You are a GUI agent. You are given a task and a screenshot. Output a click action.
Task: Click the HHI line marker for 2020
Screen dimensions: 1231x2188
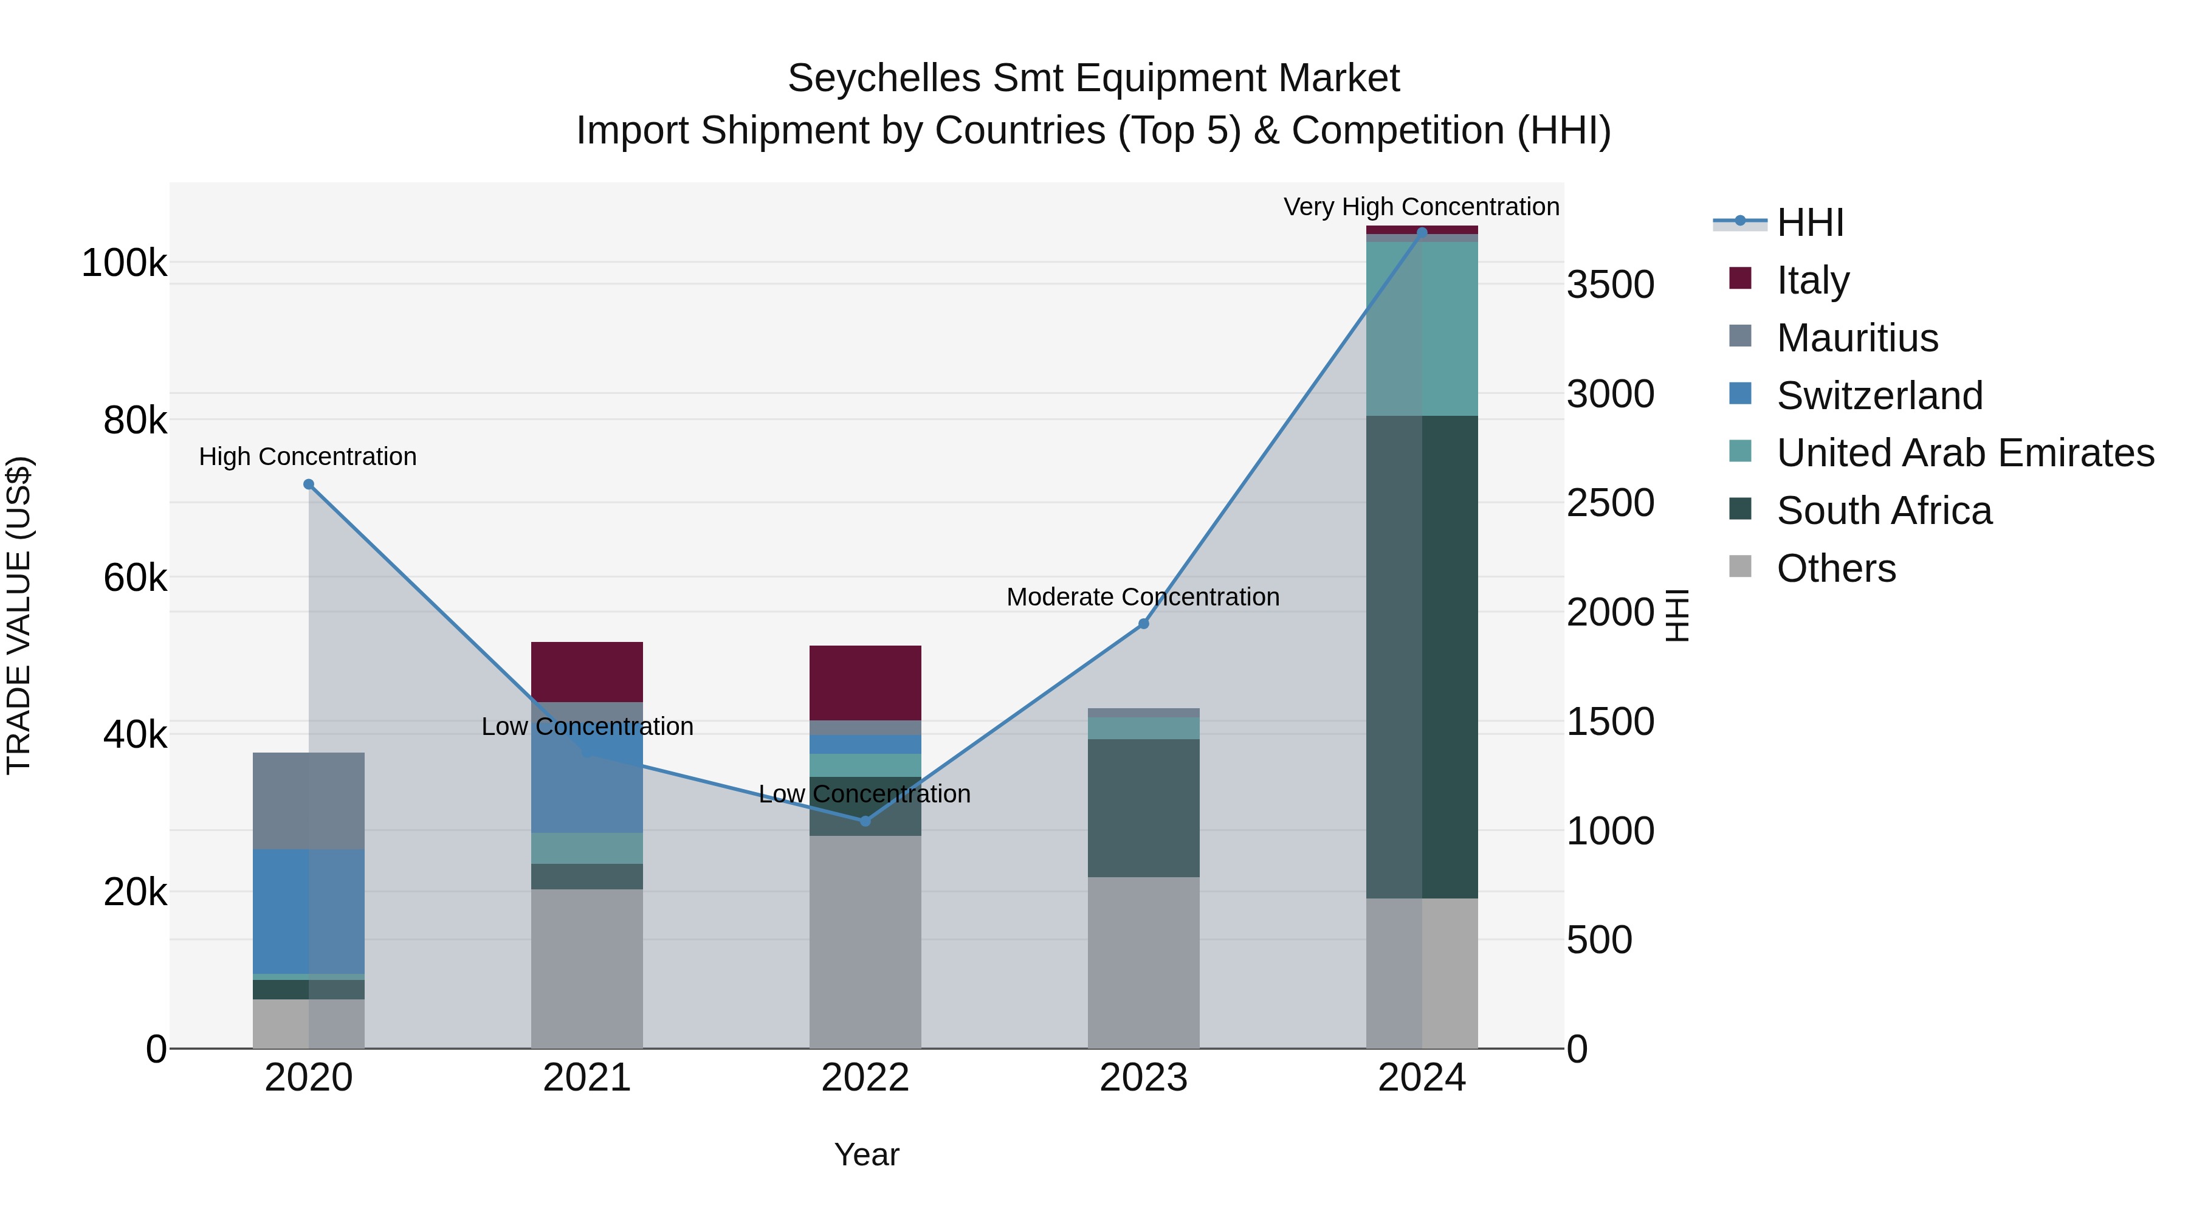[x=308, y=484]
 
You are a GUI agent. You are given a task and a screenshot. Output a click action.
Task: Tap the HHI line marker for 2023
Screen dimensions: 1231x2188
[x=1143, y=624]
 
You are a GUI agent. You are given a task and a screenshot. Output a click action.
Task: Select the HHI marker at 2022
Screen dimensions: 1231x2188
[x=865, y=821]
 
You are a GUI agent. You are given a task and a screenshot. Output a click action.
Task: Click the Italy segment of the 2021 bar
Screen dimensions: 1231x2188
[x=587, y=671]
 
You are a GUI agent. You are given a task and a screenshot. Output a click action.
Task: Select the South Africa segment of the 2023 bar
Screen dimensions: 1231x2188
[x=1143, y=807]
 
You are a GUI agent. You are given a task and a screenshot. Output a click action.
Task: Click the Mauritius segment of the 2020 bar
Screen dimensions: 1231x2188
[x=308, y=800]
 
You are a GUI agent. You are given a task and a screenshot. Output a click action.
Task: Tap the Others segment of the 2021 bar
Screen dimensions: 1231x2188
[x=587, y=968]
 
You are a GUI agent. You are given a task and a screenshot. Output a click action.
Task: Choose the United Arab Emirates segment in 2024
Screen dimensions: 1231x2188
[x=1422, y=329]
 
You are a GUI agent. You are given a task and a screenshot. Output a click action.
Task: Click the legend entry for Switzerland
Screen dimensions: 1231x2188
[x=1879, y=396]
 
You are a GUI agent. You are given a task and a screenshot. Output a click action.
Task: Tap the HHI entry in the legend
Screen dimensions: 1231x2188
[x=1809, y=222]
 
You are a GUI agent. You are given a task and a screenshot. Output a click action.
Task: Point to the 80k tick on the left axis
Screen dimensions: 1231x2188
[x=134, y=419]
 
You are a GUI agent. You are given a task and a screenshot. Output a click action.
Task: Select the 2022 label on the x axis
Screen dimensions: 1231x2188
[x=865, y=1078]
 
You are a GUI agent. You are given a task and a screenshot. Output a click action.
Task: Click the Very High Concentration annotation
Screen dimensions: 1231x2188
[x=1420, y=207]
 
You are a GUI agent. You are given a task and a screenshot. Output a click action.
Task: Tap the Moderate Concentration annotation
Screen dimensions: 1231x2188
[x=1143, y=596]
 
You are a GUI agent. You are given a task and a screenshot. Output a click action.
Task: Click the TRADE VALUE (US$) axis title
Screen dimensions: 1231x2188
[x=19, y=615]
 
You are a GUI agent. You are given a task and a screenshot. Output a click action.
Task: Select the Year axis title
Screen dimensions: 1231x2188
[x=866, y=1154]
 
